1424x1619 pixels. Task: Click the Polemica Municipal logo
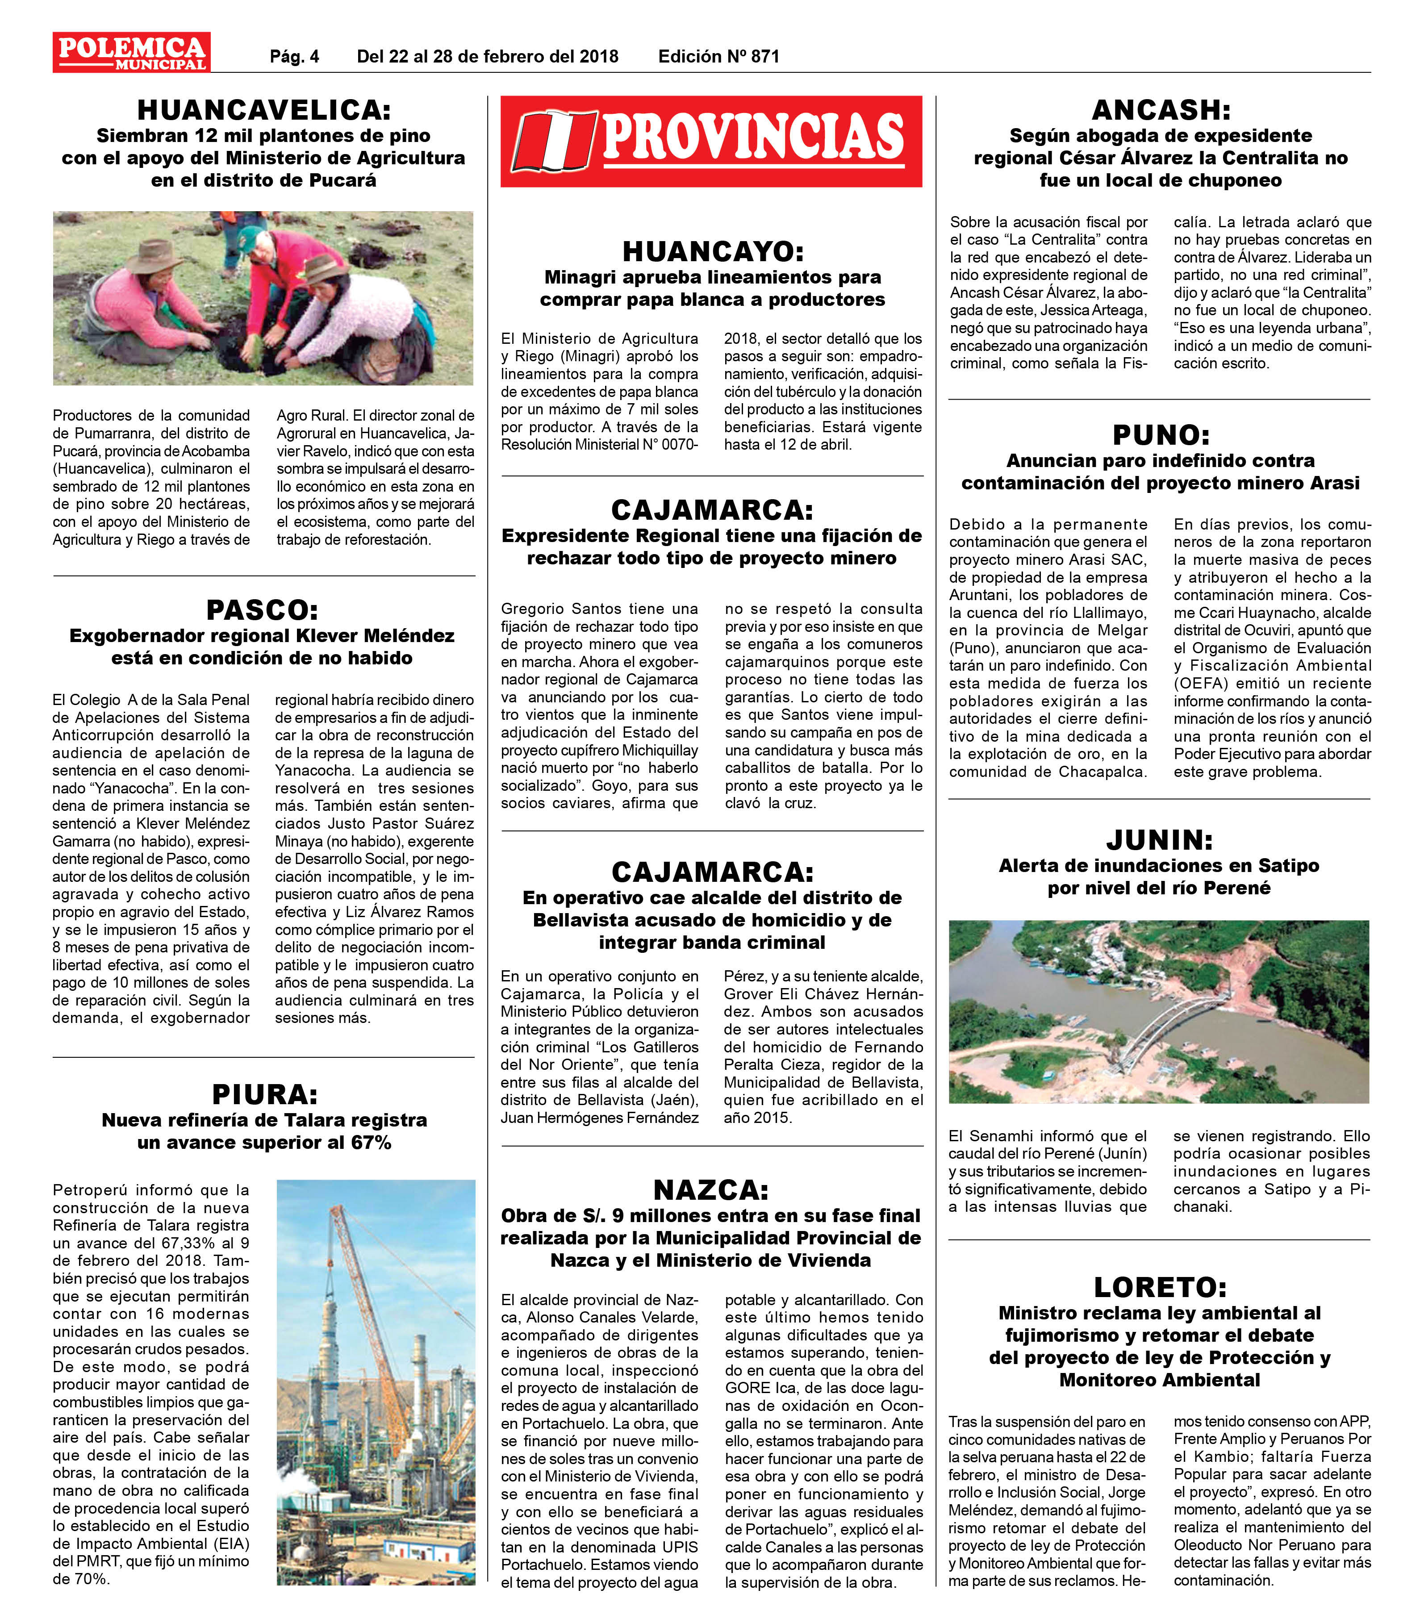tap(131, 52)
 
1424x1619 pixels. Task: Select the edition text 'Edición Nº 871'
tap(718, 56)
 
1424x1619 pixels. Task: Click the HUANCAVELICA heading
tap(264, 109)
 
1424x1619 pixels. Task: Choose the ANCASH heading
tap(1160, 109)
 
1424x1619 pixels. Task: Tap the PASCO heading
tap(262, 610)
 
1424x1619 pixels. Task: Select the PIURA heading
tap(264, 1095)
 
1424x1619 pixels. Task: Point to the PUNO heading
tap(1160, 435)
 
